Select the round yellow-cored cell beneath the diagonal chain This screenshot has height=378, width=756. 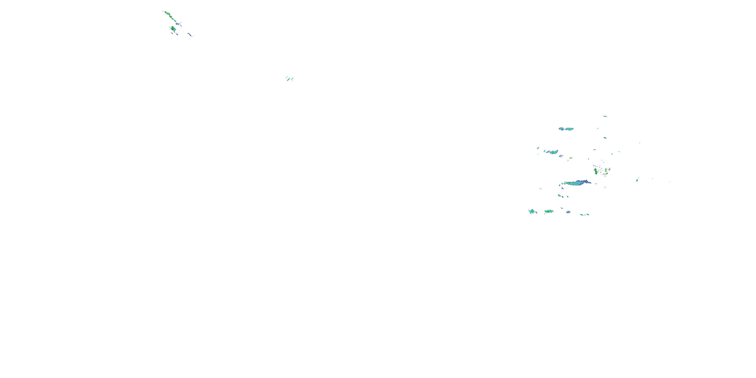coord(173,28)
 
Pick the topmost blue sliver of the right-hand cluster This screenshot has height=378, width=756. coord(605,116)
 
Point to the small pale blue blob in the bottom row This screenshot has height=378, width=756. coord(569,212)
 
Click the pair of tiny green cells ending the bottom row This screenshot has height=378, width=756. coord(584,214)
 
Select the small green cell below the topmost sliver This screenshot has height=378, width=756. coord(605,138)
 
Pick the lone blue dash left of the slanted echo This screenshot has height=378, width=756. coord(538,148)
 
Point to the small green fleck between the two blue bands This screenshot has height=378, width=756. coord(594,150)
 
